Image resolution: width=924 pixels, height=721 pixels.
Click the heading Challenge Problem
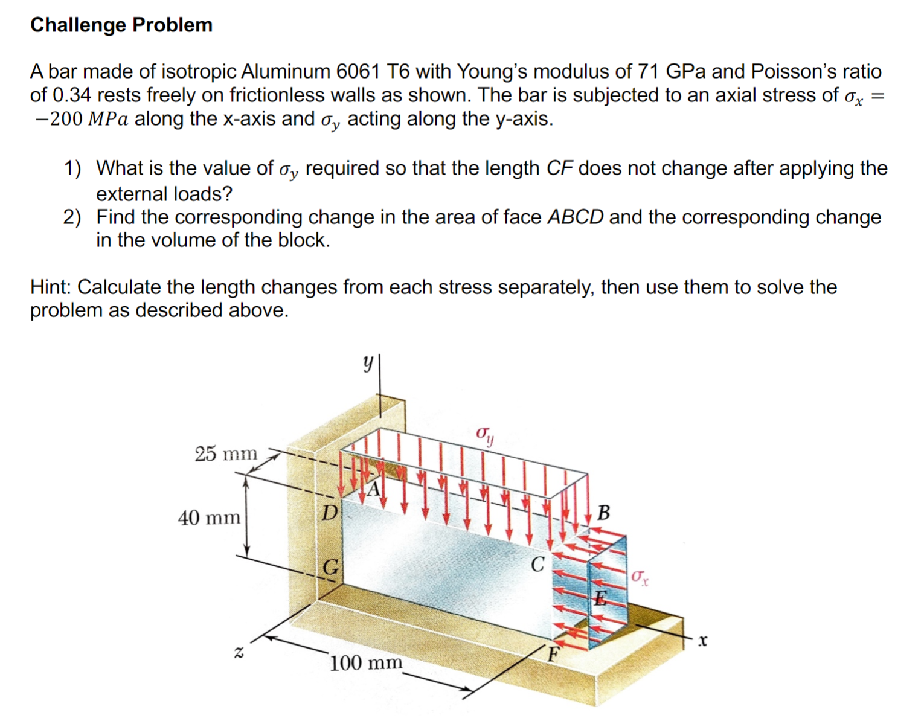tap(121, 25)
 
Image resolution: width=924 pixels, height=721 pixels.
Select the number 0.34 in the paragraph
tap(72, 95)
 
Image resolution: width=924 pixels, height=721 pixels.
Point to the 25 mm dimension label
tap(226, 453)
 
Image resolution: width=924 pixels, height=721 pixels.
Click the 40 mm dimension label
tap(209, 518)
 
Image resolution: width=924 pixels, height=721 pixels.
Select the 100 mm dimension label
tap(366, 663)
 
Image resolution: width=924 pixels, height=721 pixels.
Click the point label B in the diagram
tap(603, 513)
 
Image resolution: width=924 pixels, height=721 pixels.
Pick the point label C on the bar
tap(537, 565)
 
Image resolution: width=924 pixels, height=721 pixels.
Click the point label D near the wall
tap(329, 513)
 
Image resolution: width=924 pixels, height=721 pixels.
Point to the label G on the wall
tap(330, 567)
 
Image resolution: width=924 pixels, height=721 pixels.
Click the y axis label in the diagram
tap(367, 363)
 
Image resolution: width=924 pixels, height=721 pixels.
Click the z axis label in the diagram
tap(239, 652)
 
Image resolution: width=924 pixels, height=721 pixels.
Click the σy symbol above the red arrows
tap(485, 435)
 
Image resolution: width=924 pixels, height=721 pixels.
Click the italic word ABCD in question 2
tap(575, 217)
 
